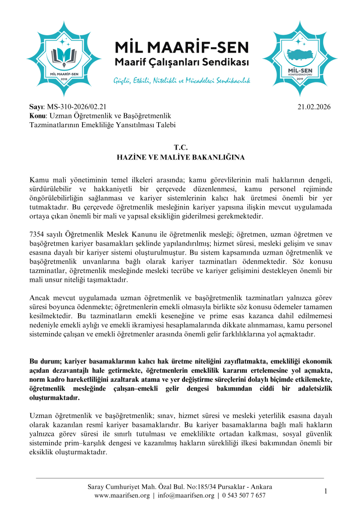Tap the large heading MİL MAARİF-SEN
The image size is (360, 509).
tap(181, 49)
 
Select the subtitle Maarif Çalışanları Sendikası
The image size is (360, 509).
tap(181, 64)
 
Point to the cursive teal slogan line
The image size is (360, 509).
tap(181, 80)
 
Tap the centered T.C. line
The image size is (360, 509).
tap(180, 148)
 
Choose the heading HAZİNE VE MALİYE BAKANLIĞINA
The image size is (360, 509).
tap(180, 157)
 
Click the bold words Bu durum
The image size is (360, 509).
tap(46, 361)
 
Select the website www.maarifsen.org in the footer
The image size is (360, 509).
tap(122, 496)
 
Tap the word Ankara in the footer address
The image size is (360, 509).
tap(260, 487)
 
